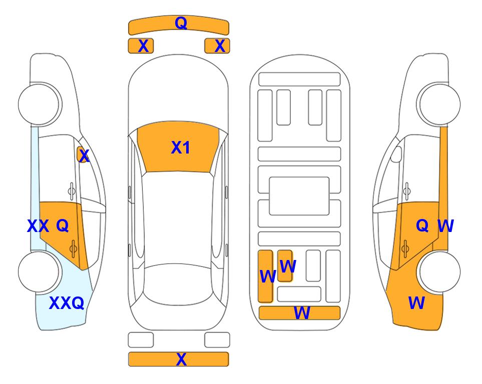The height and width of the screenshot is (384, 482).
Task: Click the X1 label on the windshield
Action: (181, 147)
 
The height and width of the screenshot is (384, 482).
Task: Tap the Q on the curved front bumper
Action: (181, 22)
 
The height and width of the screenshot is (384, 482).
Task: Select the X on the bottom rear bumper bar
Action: (181, 359)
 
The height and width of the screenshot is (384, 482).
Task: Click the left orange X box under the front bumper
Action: (141, 46)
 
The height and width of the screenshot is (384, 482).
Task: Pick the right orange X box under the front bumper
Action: (217, 46)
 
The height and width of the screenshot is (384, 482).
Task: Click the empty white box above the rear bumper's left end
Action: (141, 340)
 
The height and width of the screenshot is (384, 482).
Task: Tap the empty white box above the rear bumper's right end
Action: (217, 340)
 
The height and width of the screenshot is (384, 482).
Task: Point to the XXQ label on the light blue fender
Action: (67, 303)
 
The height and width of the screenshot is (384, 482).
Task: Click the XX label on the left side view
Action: (38, 226)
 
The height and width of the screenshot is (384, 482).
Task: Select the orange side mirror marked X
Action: (83, 154)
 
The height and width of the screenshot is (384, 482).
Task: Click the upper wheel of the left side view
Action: (39, 104)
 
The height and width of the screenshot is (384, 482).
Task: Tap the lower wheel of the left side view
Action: (39, 271)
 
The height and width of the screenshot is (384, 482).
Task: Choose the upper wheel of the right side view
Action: (439, 104)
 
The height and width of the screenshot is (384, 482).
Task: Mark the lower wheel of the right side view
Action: (439, 271)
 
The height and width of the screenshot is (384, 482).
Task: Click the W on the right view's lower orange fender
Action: (416, 303)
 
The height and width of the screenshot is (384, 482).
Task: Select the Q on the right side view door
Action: (422, 225)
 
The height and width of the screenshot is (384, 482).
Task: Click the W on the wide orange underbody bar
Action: (302, 313)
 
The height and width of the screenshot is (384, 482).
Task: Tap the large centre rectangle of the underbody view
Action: (299, 196)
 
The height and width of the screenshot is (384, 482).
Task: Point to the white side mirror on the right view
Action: (396, 154)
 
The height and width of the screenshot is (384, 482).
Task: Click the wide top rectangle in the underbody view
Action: (299, 79)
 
